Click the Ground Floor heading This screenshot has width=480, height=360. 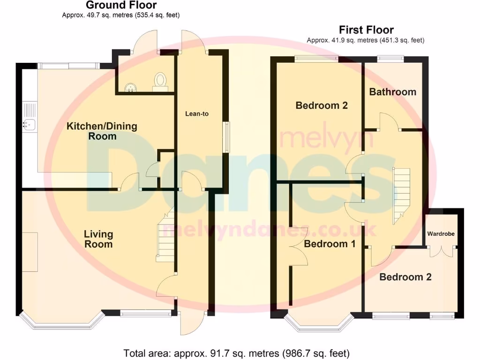point(121,6)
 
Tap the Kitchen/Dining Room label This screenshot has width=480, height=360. point(102,131)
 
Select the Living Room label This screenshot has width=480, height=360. point(98,239)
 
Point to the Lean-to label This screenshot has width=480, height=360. point(197,113)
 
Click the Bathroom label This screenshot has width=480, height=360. point(392,92)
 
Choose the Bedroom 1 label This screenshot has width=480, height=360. point(330,244)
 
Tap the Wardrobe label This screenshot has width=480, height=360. point(440,233)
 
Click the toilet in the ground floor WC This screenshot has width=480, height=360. point(160,81)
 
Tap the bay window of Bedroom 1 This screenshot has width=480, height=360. point(319,323)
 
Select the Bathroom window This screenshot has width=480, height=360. point(391,59)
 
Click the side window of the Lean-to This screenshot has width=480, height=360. point(226,137)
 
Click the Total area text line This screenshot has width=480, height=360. point(236,353)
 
